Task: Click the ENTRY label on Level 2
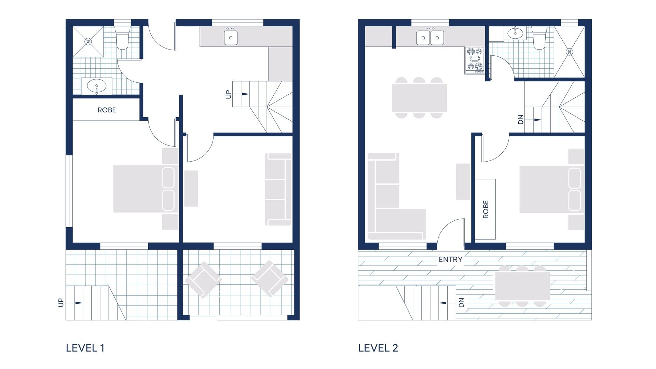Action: pos(450,260)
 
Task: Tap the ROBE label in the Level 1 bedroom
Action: pos(107,110)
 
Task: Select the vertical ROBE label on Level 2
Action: pos(486,209)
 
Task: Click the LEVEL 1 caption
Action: pos(85,348)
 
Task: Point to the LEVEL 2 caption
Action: pos(378,348)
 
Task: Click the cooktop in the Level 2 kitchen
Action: pos(475,60)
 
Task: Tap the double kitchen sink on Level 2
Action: pos(430,38)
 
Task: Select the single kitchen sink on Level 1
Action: pos(231,38)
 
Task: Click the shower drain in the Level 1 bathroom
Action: pos(88,42)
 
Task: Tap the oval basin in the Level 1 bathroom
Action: pos(97,86)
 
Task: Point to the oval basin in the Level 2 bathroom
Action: pos(515,33)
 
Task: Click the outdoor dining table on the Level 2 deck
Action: pos(522,286)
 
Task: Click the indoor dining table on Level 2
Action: pos(420,98)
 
